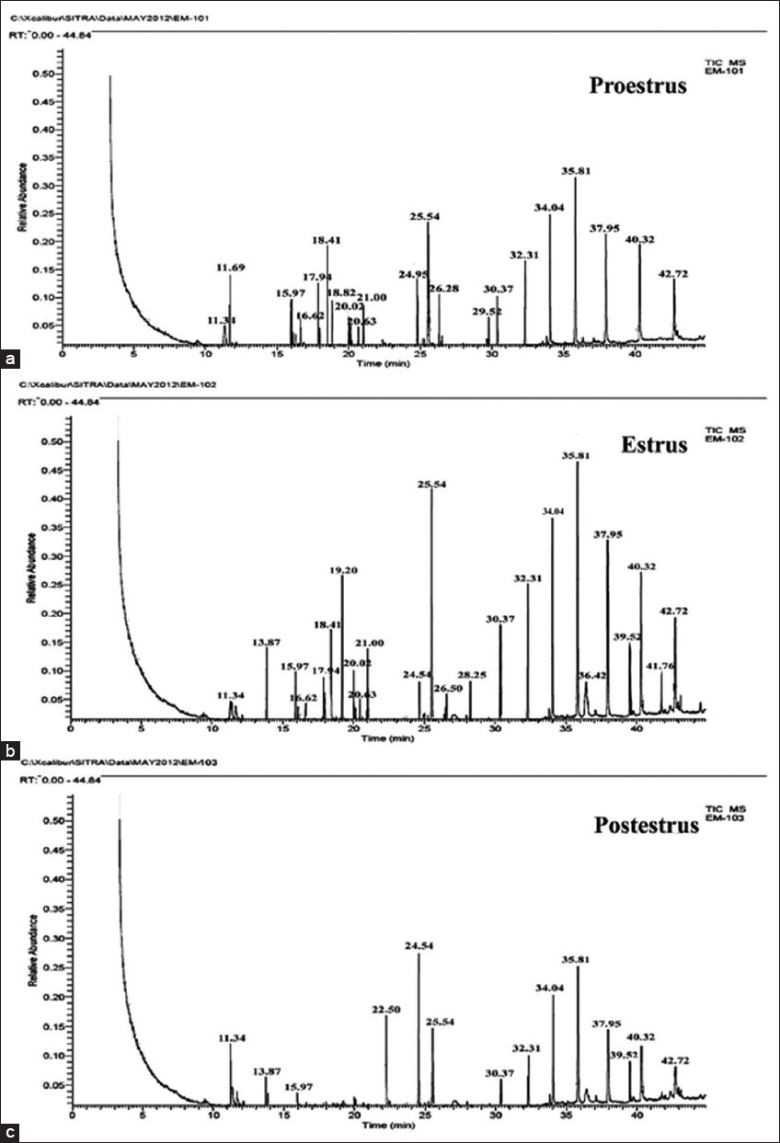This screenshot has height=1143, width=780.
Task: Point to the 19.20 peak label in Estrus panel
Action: click(342, 570)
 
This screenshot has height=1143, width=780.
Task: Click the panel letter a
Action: click(11, 358)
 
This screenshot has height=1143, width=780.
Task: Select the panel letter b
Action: click(11, 750)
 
